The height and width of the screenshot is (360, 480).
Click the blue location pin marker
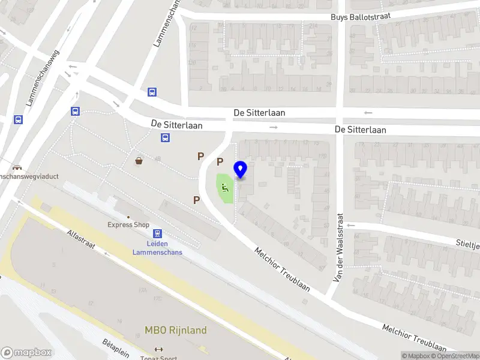241,170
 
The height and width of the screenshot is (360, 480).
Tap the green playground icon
225,187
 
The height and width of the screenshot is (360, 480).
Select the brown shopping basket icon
139,160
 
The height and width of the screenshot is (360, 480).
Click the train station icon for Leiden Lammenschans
157,233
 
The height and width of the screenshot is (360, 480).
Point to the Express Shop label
128,225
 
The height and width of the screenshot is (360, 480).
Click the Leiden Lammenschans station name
157,248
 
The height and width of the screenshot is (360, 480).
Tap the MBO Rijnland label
175,330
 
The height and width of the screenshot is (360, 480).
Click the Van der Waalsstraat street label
338,247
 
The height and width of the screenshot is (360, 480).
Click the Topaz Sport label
158,358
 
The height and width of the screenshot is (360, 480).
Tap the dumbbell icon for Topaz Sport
158,349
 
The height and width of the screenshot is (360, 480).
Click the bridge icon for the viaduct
16,167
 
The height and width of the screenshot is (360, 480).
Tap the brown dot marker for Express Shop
128,217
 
